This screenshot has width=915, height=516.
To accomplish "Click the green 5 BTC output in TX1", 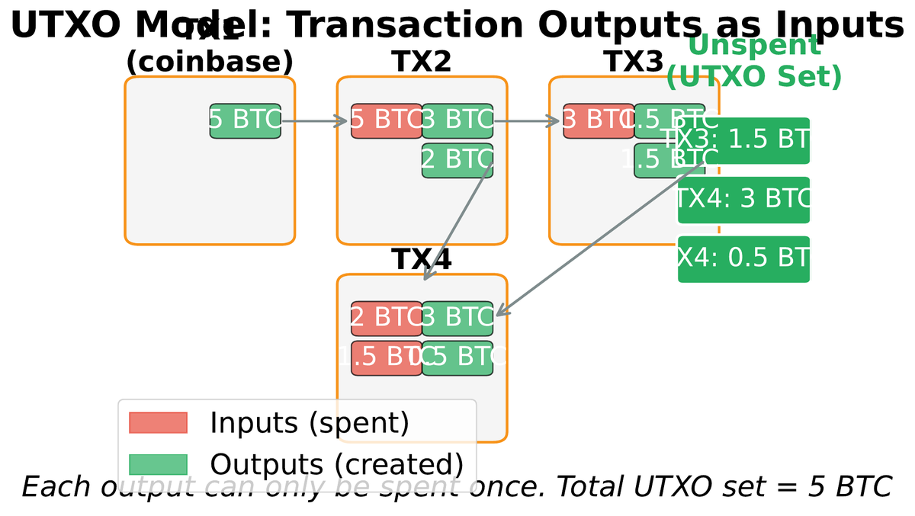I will [245, 120].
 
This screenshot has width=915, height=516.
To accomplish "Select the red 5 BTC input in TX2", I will [386, 120].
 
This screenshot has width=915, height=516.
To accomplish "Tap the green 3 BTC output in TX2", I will [457, 120].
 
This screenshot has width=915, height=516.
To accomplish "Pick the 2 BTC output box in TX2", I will [457, 160].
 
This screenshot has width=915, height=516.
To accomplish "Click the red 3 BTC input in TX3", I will [598, 120].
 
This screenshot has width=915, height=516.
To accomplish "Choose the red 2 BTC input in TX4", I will [386, 318].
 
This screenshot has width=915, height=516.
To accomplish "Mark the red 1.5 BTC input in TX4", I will [386, 357].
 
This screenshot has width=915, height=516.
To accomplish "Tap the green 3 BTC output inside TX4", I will [457, 318].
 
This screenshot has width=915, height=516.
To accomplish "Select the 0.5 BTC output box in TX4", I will [457, 357].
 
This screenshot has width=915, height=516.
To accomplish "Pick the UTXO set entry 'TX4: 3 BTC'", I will [743, 200].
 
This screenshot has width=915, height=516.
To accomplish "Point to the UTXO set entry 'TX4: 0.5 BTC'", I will [743, 259].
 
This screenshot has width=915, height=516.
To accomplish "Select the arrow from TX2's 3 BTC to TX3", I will [526, 120].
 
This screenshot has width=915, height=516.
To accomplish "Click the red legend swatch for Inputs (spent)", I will [158, 422].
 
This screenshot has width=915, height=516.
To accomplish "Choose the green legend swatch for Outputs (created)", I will [158, 464].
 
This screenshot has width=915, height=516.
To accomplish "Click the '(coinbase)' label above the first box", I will [209, 62].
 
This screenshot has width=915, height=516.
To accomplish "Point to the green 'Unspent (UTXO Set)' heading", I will [753, 61].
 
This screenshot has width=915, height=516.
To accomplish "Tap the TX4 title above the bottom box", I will [422, 259].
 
